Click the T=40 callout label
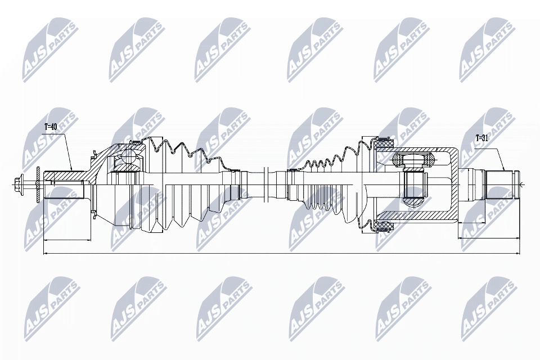coord(50,127)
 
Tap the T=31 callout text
coord(482,138)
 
